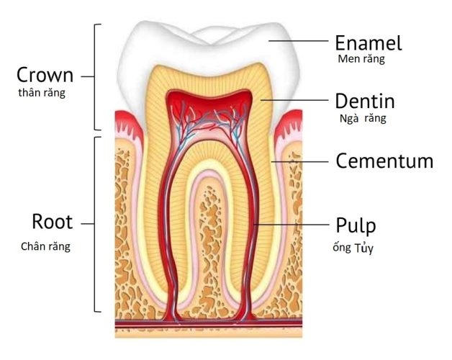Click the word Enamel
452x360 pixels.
pos(368,43)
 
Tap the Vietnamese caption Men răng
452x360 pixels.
pos(361,59)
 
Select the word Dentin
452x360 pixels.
pos(365,101)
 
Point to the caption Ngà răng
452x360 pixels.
pos(363,118)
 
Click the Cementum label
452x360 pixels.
pos(384,161)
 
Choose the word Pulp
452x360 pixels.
pos(356,226)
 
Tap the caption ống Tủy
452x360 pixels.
pos(353,248)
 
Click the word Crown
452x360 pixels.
pos(45,75)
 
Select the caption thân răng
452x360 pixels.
pos(42,93)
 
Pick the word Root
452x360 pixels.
pos(52,222)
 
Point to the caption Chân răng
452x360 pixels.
pos(45,247)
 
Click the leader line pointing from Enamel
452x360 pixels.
pos(299,41)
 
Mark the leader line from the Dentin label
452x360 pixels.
pos(294,100)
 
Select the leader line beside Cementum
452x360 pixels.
pos(300,161)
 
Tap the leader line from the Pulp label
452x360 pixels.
pos(291,224)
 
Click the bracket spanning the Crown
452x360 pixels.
pos(94,77)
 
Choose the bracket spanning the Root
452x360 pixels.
pos(94,224)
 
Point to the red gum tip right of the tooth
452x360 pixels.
pos(289,123)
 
